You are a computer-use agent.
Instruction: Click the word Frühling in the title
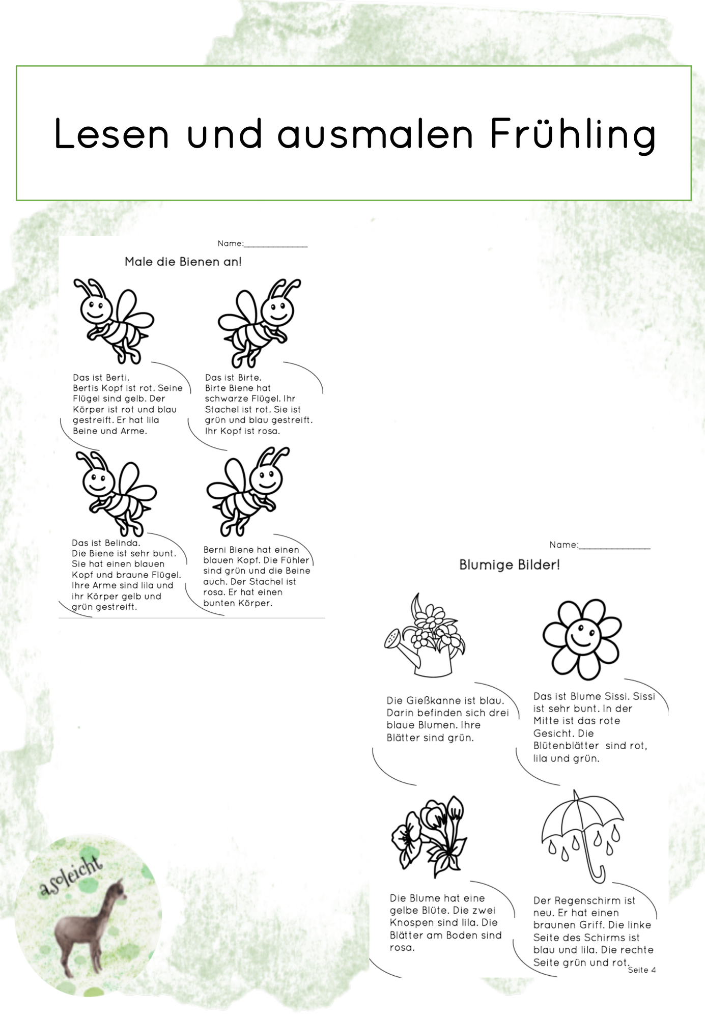(573, 134)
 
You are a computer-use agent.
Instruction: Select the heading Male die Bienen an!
(183, 262)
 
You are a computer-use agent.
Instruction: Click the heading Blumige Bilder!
(510, 565)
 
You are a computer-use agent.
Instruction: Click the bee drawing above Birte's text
(259, 323)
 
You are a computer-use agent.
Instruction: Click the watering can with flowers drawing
(425, 635)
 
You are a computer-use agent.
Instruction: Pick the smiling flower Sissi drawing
(582, 639)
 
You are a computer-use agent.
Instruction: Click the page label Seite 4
(642, 970)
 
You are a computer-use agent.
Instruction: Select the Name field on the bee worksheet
(263, 244)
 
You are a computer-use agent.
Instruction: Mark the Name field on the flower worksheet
(600, 545)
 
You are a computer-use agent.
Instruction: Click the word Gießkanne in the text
(433, 701)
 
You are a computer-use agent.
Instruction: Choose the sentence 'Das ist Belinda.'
(106, 543)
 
